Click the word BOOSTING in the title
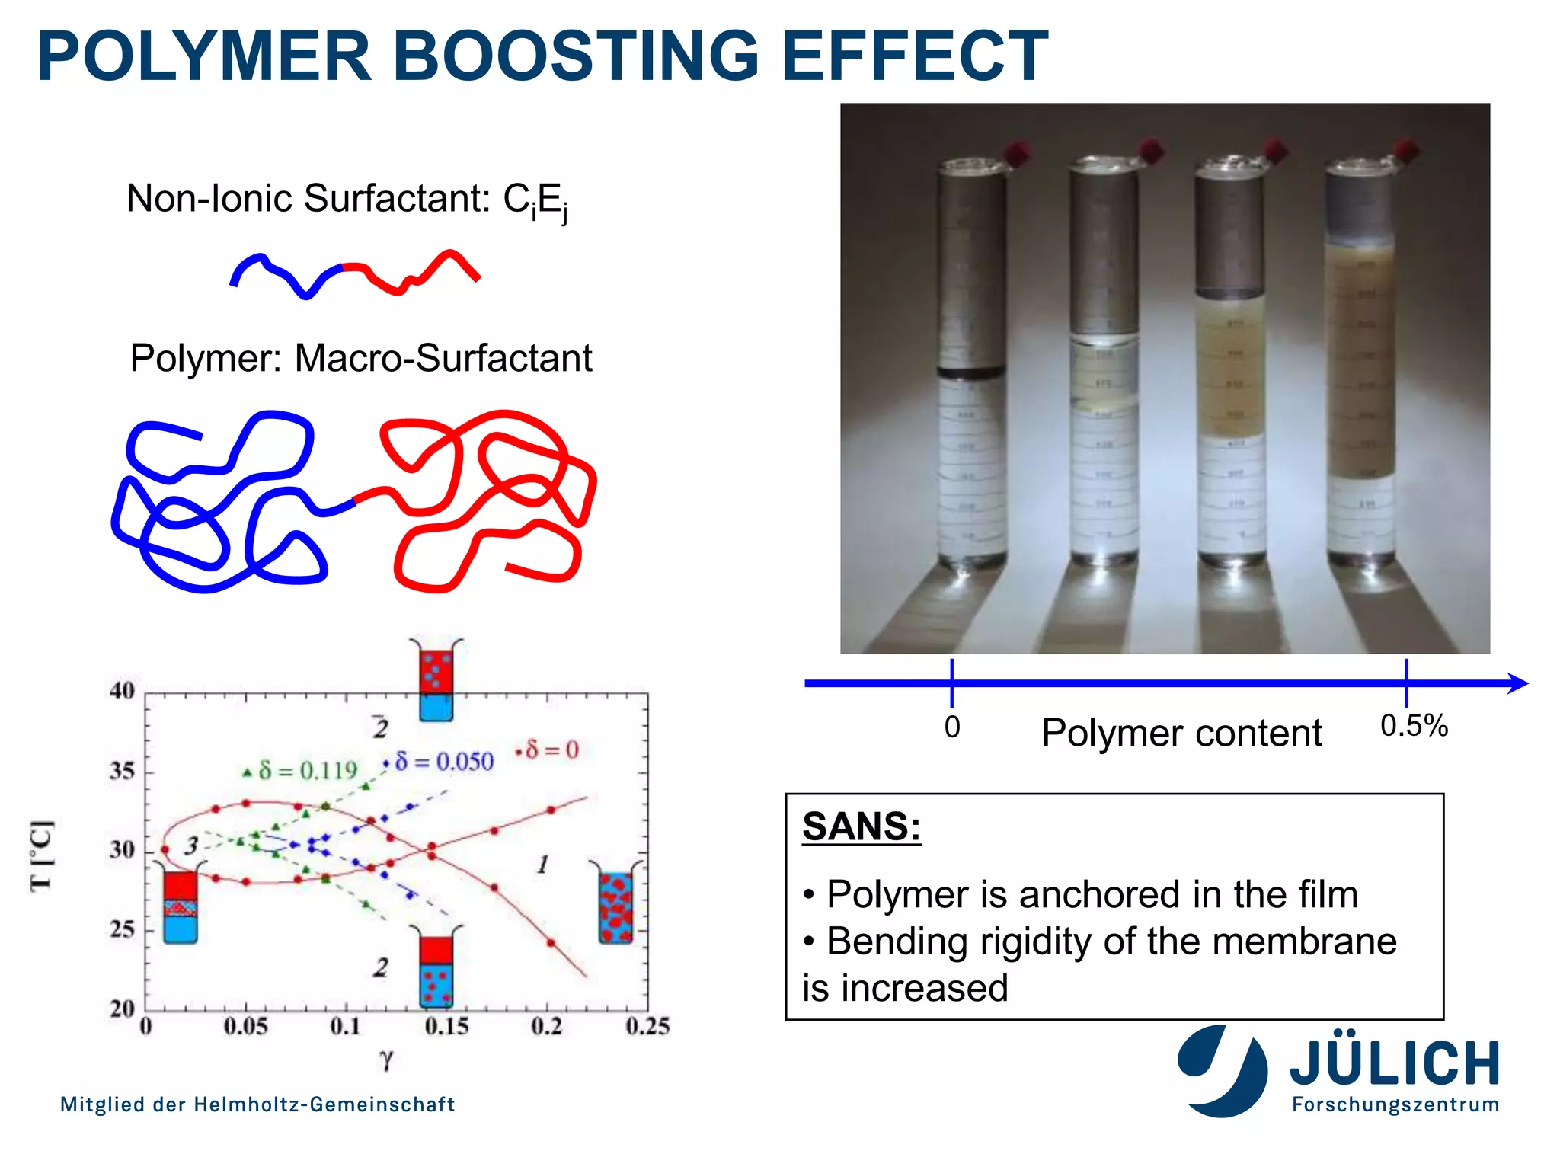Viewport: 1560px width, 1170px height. point(576,56)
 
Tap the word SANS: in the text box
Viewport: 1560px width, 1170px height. point(862,826)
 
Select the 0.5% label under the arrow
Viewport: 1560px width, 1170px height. point(1414,726)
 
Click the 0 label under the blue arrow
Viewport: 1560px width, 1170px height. point(952,727)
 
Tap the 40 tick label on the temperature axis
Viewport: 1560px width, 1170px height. point(122,691)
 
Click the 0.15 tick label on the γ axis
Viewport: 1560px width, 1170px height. point(446,1027)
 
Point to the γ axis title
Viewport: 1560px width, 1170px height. point(386,1060)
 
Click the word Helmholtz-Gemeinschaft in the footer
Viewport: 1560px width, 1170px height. point(324,1104)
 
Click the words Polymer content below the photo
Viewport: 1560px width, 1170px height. point(1181,733)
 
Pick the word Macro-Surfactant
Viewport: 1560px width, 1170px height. point(443,358)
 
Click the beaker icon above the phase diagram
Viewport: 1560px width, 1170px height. point(436,680)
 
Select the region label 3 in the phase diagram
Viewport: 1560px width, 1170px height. point(191,846)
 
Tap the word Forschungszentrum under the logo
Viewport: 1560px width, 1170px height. point(1395,1104)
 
